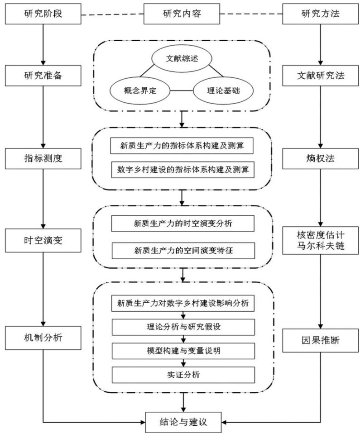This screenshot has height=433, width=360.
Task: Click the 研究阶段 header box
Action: pyautogui.click(x=43, y=14)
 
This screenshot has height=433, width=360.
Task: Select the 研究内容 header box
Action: pyautogui.click(x=182, y=14)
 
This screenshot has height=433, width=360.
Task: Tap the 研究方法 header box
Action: pyautogui.click(x=320, y=14)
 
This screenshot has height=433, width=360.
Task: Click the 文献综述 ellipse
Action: pyautogui.click(x=182, y=58)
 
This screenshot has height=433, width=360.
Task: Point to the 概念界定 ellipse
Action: pyautogui.click(x=140, y=90)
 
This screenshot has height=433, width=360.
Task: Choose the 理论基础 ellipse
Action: pyautogui.click(x=223, y=90)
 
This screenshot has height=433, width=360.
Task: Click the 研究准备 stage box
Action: pyautogui.click(x=43, y=76)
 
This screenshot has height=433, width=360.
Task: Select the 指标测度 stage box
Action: pyautogui.click(x=43, y=158)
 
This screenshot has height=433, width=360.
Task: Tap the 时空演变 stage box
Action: pyautogui.click(x=43, y=241)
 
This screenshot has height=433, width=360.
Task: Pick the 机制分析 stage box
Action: pyautogui.click(x=43, y=338)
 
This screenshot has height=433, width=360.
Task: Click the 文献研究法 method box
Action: pyautogui.click(x=320, y=76)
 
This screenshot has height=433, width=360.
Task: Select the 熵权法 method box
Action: pyautogui.click(x=320, y=158)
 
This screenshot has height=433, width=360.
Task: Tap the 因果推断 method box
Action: pyautogui.click(x=320, y=341)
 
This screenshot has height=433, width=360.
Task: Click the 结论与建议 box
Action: pyautogui.click(x=183, y=422)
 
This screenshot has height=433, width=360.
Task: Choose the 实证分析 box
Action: pyautogui.click(x=183, y=375)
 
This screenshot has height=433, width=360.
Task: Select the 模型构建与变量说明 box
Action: pyautogui.click(x=183, y=351)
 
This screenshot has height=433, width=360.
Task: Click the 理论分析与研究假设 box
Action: pyautogui.click(x=183, y=327)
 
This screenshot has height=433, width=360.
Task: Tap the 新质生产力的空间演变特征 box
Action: pyautogui.click(x=183, y=251)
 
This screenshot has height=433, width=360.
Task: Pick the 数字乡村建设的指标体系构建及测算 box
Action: pyautogui.click(x=182, y=170)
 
